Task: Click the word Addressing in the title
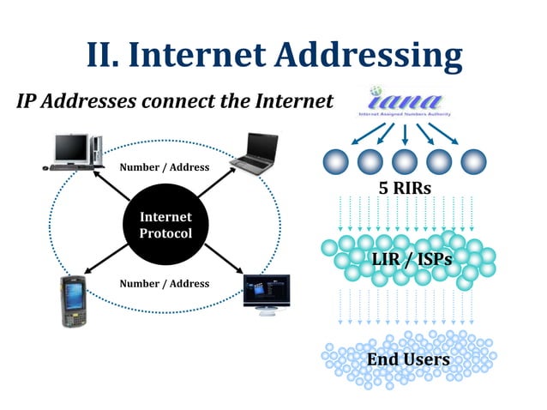point(370,55)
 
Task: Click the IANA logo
point(403,101)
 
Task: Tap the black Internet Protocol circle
point(165,226)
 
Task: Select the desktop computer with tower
point(75,152)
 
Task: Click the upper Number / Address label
point(164,166)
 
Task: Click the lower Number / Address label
point(164,283)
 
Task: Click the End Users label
point(408,359)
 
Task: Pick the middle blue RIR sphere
point(404,160)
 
